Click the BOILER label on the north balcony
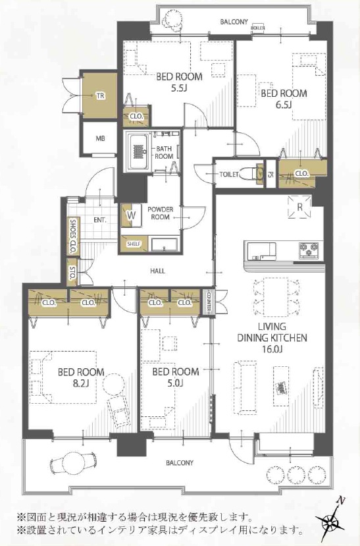click(257, 28)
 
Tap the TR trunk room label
click(100, 96)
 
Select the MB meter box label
click(100, 138)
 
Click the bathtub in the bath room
click(138, 151)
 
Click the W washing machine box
click(131, 215)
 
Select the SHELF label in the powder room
click(134, 244)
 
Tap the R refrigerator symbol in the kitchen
click(299, 207)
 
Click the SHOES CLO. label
click(74, 236)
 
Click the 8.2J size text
click(81, 384)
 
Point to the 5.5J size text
click(179, 88)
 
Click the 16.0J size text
click(272, 348)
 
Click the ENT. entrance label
click(100, 220)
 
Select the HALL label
click(157, 271)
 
